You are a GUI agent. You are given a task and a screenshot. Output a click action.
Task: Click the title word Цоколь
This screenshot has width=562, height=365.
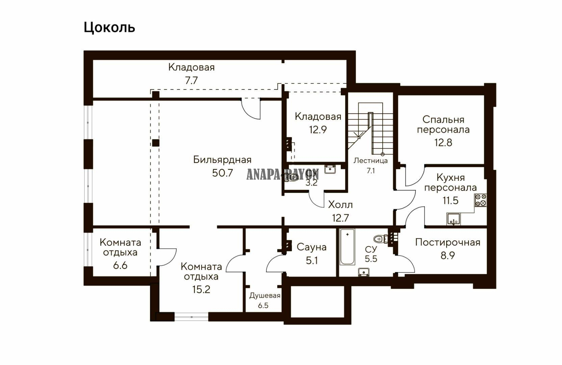tap(109, 28)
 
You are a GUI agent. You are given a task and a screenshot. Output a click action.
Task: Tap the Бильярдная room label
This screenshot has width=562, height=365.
tap(222, 160)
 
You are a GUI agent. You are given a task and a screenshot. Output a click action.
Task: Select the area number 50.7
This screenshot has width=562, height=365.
tap(223, 173)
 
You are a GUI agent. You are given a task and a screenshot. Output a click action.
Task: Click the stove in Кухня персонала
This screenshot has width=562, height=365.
tap(481, 200)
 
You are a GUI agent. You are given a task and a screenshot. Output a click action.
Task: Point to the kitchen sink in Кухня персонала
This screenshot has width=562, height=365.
tap(453, 219)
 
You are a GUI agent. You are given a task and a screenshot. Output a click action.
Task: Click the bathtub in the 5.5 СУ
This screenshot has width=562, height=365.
tap(348, 247)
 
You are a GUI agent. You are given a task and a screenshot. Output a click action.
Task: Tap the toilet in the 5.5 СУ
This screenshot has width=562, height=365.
tap(380, 239)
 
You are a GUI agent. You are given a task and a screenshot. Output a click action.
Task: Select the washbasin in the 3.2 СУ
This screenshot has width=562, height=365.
tap(330, 169)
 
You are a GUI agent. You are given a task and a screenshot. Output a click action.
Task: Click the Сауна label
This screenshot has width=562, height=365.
tap(312, 247)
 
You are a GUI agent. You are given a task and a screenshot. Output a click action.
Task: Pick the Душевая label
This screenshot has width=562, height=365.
tap(265, 296)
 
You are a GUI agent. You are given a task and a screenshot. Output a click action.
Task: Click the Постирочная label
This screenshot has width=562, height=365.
tap(448, 243)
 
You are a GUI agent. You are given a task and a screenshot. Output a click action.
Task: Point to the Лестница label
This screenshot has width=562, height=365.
tap(371, 161)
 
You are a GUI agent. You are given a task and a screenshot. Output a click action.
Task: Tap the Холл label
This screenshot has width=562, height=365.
tap(340, 205)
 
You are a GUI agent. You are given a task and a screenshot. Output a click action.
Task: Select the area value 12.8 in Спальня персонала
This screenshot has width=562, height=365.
tap(443, 143)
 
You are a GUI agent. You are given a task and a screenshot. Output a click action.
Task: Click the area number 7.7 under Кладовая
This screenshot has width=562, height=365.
tap(191, 80)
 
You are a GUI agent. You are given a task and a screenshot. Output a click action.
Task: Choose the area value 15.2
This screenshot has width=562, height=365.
tap(201, 289)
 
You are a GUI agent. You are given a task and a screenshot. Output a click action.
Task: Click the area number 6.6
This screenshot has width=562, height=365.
tap(120, 265)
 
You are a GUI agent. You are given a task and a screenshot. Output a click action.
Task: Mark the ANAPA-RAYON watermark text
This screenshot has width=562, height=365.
tap(282, 174)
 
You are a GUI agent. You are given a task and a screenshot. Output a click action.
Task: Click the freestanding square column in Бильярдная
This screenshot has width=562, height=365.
tap(156, 143)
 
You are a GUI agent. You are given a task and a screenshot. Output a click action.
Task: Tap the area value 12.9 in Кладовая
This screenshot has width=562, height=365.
tap(318, 130)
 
